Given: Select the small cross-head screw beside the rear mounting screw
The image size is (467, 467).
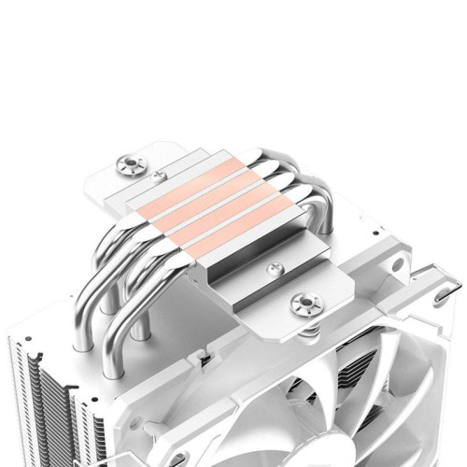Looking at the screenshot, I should point(160,175).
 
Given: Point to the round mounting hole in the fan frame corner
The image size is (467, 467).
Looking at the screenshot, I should point(397,264).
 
